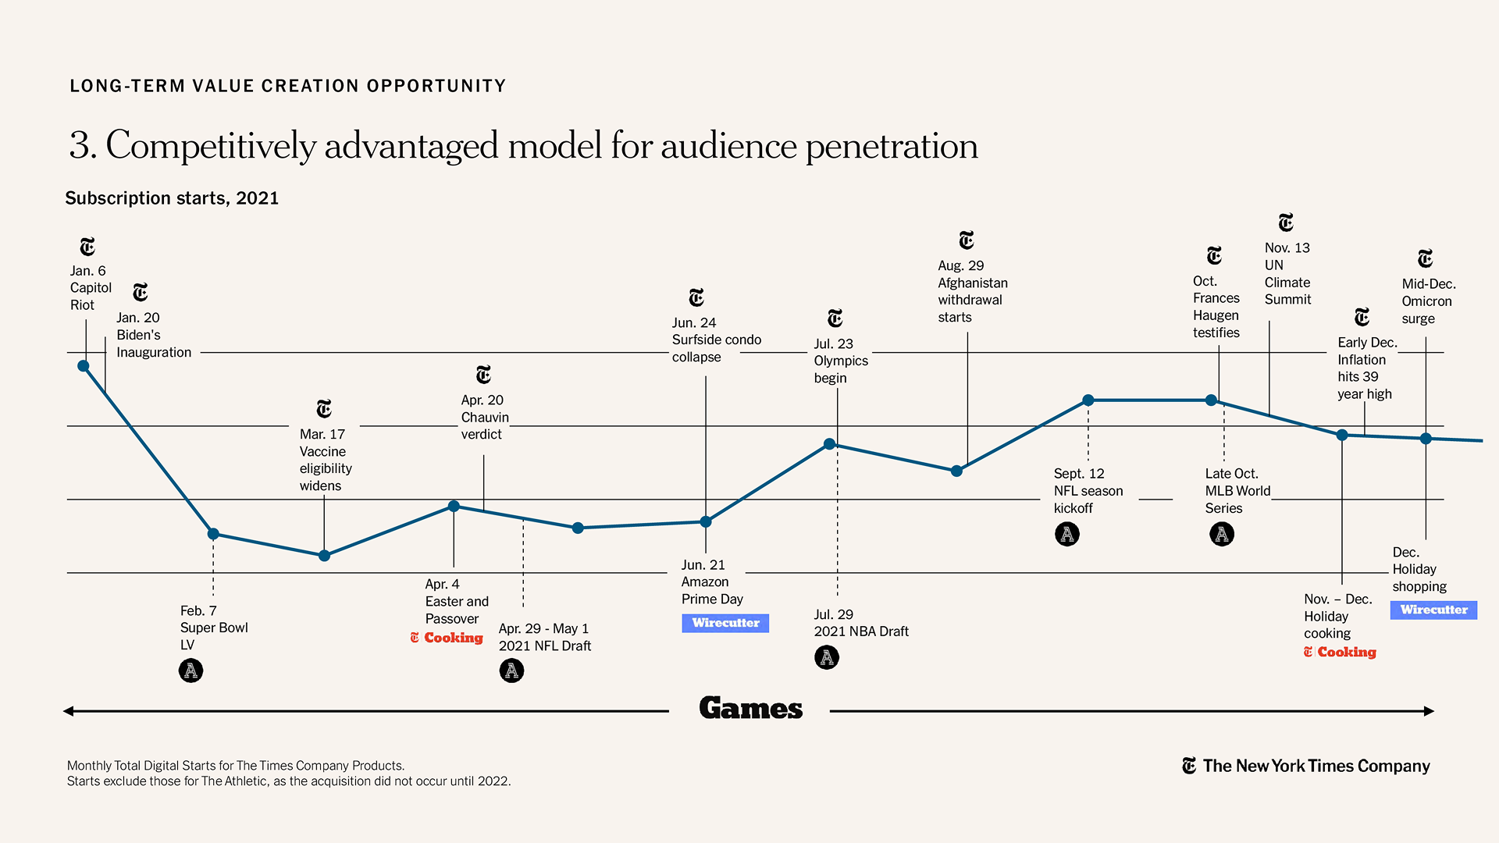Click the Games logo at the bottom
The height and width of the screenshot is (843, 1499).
pyautogui.click(x=750, y=708)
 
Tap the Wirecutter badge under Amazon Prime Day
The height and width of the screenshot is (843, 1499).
pyautogui.click(x=725, y=623)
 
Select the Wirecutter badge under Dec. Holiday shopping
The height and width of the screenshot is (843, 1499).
pyautogui.click(x=1433, y=610)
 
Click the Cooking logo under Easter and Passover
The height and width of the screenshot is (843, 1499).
pyautogui.click(x=447, y=638)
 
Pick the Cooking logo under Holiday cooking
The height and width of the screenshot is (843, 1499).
pyautogui.click(x=1340, y=652)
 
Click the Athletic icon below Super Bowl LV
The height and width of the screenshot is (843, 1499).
pyautogui.click(x=190, y=670)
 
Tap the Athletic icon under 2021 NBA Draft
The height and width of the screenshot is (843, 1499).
pyautogui.click(x=827, y=657)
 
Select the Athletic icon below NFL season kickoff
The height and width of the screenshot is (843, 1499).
pyautogui.click(x=1067, y=534)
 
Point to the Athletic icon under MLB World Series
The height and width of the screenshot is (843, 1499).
pyautogui.click(x=1222, y=534)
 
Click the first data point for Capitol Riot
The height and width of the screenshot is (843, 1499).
pyautogui.click(x=84, y=366)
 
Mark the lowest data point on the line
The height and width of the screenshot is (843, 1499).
pyautogui.click(x=324, y=556)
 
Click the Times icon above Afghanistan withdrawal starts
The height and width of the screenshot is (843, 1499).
pyautogui.click(x=967, y=240)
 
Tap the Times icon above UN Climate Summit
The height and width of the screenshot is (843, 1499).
pyautogui.click(x=1286, y=222)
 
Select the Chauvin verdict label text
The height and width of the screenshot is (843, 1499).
pyautogui.click(x=484, y=418)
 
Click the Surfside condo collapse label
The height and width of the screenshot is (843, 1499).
pyautogui.click(x=716, y=340)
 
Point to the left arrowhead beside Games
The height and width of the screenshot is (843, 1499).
pyautogui.click(x=69, y=711)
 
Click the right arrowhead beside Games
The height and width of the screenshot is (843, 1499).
pyautogui.click(x=1429, y=711)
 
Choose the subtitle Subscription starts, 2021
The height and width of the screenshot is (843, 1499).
pyautogui.click(x=172, y=198)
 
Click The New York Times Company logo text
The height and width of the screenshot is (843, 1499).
pyautogui.click(x=1316, y=766)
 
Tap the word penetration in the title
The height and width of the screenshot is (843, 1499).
pyautogui.click(x=891, y=146)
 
